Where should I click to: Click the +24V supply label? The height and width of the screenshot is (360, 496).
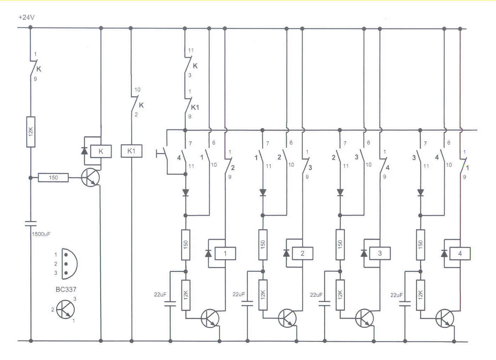tap(27, 17)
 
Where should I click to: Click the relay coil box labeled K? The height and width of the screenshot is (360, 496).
tap(101, 151)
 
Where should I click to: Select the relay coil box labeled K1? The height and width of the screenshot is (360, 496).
tap(131, 151)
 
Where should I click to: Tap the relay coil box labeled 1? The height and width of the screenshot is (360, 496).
tap(225, 253)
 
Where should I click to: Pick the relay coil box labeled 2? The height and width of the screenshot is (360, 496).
tap(302, 253)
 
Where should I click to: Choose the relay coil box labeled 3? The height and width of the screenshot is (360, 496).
tap(380, 253)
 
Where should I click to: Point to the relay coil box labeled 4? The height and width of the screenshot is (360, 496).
tap(460, 253)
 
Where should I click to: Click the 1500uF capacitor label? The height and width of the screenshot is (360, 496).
tap(41, 234)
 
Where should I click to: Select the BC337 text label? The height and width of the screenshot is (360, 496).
tap(66, 289)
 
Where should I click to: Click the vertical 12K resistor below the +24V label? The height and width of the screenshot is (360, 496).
tap(31, 132)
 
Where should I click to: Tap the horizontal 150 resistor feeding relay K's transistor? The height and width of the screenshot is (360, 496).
tap(53, 178)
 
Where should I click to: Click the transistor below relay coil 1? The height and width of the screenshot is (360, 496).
tap(210, 318)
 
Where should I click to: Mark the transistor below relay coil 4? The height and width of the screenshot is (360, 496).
tap(445, 318)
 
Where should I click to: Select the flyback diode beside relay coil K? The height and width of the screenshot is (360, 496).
tap(84, 151)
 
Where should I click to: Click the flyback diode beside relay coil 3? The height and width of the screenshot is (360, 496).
tap(364, 253)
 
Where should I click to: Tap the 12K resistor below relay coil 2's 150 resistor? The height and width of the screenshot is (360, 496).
tap(263, 295)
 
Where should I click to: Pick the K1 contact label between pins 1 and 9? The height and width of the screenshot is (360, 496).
tap(195, 107)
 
